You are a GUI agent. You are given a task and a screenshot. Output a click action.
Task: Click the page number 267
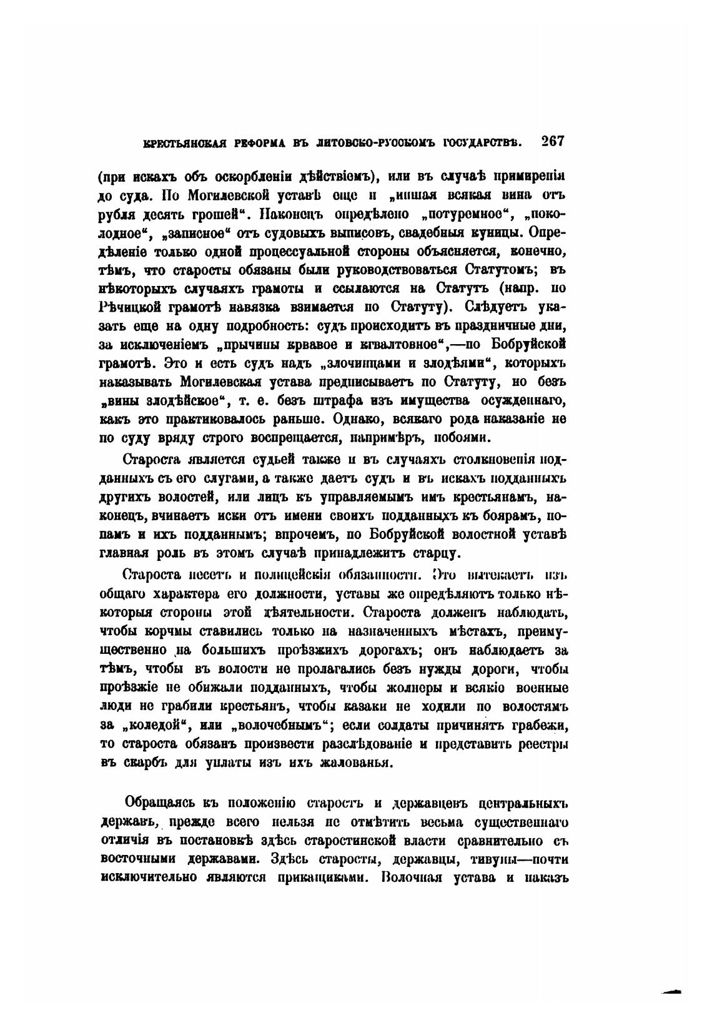point(553,142)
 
